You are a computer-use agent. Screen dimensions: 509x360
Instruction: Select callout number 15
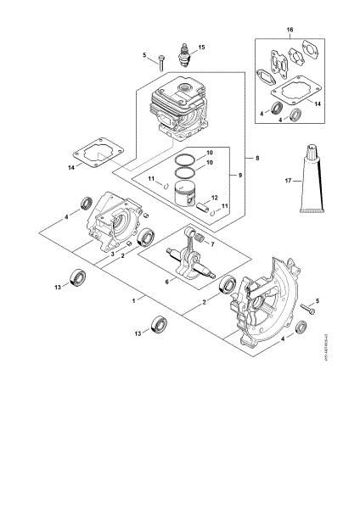click(202, 47)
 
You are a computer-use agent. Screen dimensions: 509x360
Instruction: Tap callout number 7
click(212, 243)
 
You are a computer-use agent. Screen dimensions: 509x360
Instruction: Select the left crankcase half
click(114, 225)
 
